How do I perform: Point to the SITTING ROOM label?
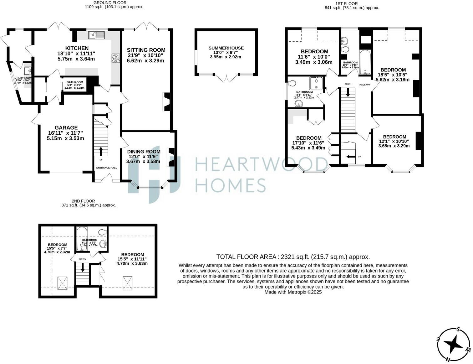pos(146,50)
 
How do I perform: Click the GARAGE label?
pos(66,128)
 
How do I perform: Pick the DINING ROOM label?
pos(144,152)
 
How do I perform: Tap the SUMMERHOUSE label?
pos(226,48)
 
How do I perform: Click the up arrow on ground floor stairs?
pos(101,151)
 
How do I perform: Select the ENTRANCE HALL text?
pos(106,168)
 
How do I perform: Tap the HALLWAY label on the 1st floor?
pos(365,85)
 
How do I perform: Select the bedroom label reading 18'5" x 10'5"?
pos(393,70)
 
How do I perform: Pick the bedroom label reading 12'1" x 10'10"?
pos(394,137)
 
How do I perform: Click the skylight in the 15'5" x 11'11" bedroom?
pos(127,283)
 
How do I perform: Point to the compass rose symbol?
pos(454,345)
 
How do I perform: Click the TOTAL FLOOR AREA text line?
pos(293,257)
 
